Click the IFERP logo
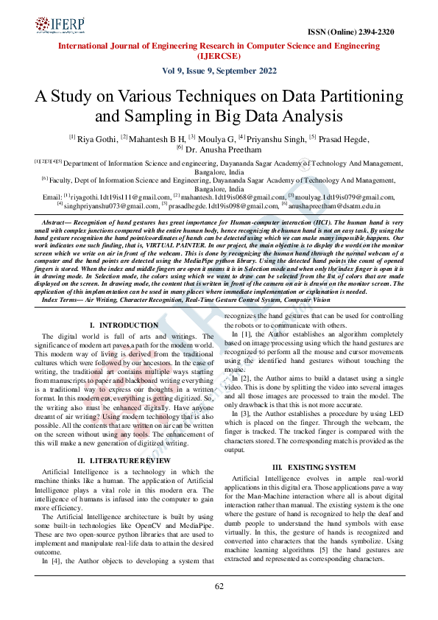(60, 27)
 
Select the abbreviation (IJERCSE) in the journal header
(219, 55)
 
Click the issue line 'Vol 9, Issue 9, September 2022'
(219, 71)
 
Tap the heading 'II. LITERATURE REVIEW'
(124, 460)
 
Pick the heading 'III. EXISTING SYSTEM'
(314, 467)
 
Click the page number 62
(219, 586)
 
